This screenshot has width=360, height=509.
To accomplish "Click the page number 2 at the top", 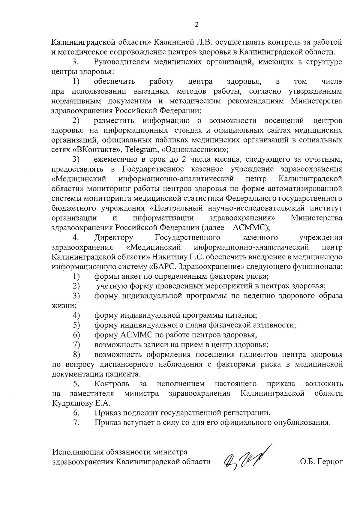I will click(x=197, y=25).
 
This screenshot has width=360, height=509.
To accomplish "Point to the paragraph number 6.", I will click(x=76, y=413).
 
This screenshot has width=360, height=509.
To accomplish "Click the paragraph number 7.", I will click(x=76, y=423).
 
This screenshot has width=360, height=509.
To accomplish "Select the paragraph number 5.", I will click(x=76, y=384).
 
